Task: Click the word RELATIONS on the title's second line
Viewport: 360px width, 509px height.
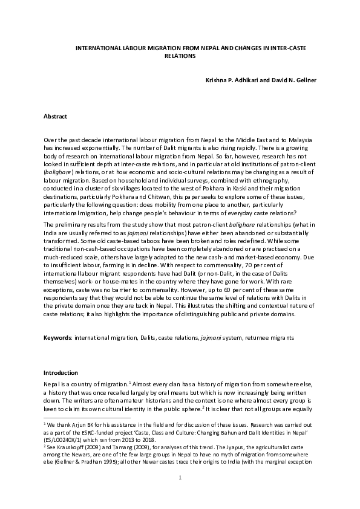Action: pyautogui.click(x=180, y=55)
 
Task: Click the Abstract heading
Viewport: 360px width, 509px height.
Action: pyautogui.click(x=55, y=115)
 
